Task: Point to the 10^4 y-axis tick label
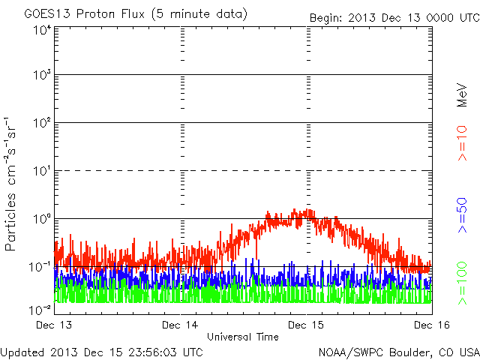click(41, 30)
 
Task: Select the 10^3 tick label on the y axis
click(41, 75)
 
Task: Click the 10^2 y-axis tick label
click(41, 123)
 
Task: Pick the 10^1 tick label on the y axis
click(41, 171)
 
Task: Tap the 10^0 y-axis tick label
click(41, 219)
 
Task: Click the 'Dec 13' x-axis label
click(54, 325)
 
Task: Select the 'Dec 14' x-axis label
click(181, 325)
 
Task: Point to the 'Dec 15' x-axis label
click(307, 325)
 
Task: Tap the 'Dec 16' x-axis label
click(431, 325)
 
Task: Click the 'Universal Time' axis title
click(243, 337)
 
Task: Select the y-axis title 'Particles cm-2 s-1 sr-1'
click(11, 184)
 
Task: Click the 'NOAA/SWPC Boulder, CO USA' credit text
click(398, 352)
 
